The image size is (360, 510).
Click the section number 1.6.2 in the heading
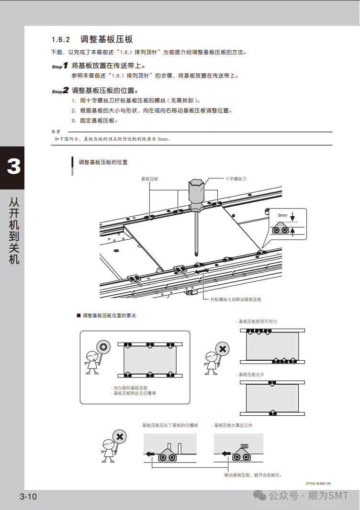(61, 40)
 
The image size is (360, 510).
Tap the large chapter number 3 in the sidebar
(13, 166)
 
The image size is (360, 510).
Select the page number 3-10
(28, 497)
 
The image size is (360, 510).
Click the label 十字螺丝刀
(236, 179)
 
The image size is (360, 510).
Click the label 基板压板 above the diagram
(149, 179)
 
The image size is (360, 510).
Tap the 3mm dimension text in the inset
(282, 215)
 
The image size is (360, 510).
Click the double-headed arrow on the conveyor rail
(202, 272)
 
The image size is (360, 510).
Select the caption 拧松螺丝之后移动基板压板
(236, 299)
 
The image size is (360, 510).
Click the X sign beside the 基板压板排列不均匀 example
(222, 349)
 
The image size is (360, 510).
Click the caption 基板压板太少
(251, 375)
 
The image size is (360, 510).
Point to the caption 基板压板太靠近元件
(233, 425)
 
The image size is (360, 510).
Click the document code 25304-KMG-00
(318, 483)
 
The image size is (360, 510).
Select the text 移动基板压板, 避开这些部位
(253, 475)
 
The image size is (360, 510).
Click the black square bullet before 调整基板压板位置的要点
(79, 315)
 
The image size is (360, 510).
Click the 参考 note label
(56, 132)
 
